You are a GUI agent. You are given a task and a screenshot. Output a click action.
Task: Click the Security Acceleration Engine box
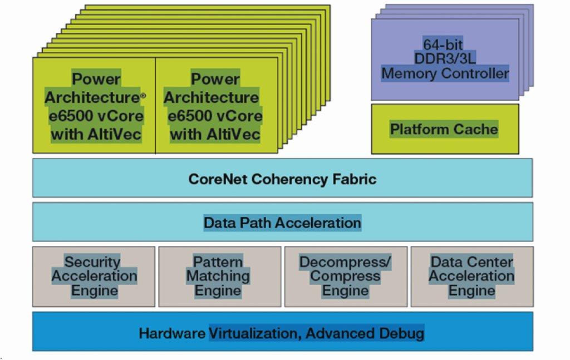[x=94, y=277]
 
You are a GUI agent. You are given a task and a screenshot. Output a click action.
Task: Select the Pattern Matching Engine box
[x=219, y=277]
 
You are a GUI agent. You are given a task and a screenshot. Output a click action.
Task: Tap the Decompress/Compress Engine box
[x=346, y=277]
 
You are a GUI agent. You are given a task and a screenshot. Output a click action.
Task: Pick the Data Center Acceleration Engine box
[x=471, y=277]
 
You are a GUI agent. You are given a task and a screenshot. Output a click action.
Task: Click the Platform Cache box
[x=445, y=130]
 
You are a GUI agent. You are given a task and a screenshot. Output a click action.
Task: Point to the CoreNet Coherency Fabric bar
[x=282, y=179]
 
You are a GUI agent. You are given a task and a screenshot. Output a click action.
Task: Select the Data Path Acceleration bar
[x=282, y=223]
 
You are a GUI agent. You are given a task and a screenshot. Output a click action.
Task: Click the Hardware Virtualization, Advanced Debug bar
[x=282, y=334]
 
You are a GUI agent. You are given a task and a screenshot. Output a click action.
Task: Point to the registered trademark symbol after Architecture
[x=143, y=96]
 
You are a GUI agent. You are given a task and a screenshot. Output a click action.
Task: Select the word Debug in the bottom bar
[x=403, y=334]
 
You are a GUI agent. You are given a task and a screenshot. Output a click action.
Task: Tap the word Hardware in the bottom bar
[x=173, y=334]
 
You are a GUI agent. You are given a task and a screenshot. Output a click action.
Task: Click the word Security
[x=92, y=262]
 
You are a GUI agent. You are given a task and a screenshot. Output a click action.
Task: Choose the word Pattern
[x=218, y=262]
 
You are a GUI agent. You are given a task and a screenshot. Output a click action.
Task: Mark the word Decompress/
[x=346, y=262]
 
